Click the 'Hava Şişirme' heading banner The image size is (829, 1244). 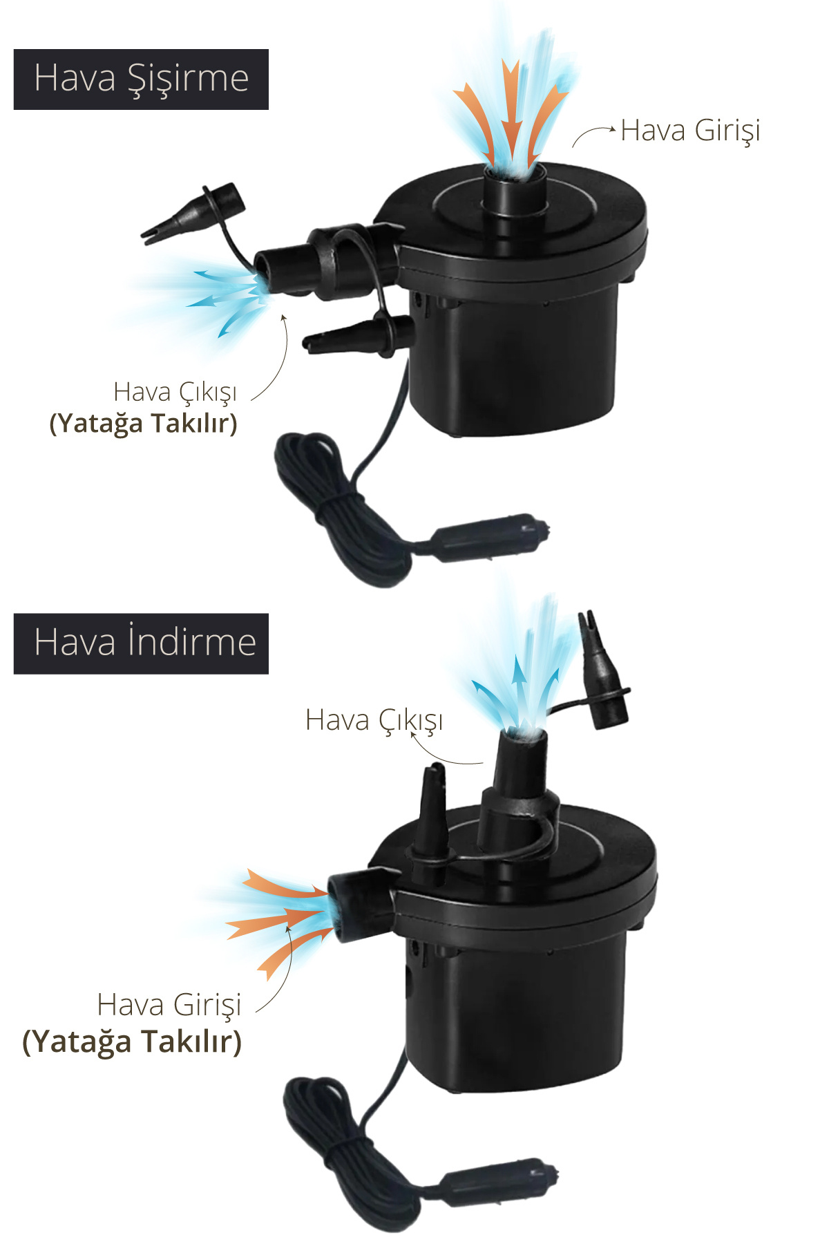click(x=141, y=79)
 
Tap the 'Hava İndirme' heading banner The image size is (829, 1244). click(x=141, y=643)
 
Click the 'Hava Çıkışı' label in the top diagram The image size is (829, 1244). click(x=175, y=393)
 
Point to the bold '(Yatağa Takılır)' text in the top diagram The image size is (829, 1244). click(x=143, y=423)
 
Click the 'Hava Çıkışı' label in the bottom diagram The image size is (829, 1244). click(x=374, y=721)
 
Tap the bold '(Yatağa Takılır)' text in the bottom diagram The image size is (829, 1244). click(x=132, y=1042)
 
